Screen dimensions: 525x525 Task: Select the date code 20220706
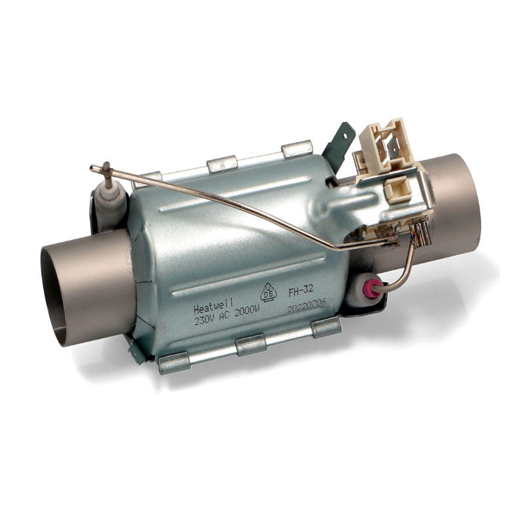[x=306, y=306]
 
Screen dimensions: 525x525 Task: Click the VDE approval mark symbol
[x=269, y=293]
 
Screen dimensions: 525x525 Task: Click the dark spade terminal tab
[x=338, y=140]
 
